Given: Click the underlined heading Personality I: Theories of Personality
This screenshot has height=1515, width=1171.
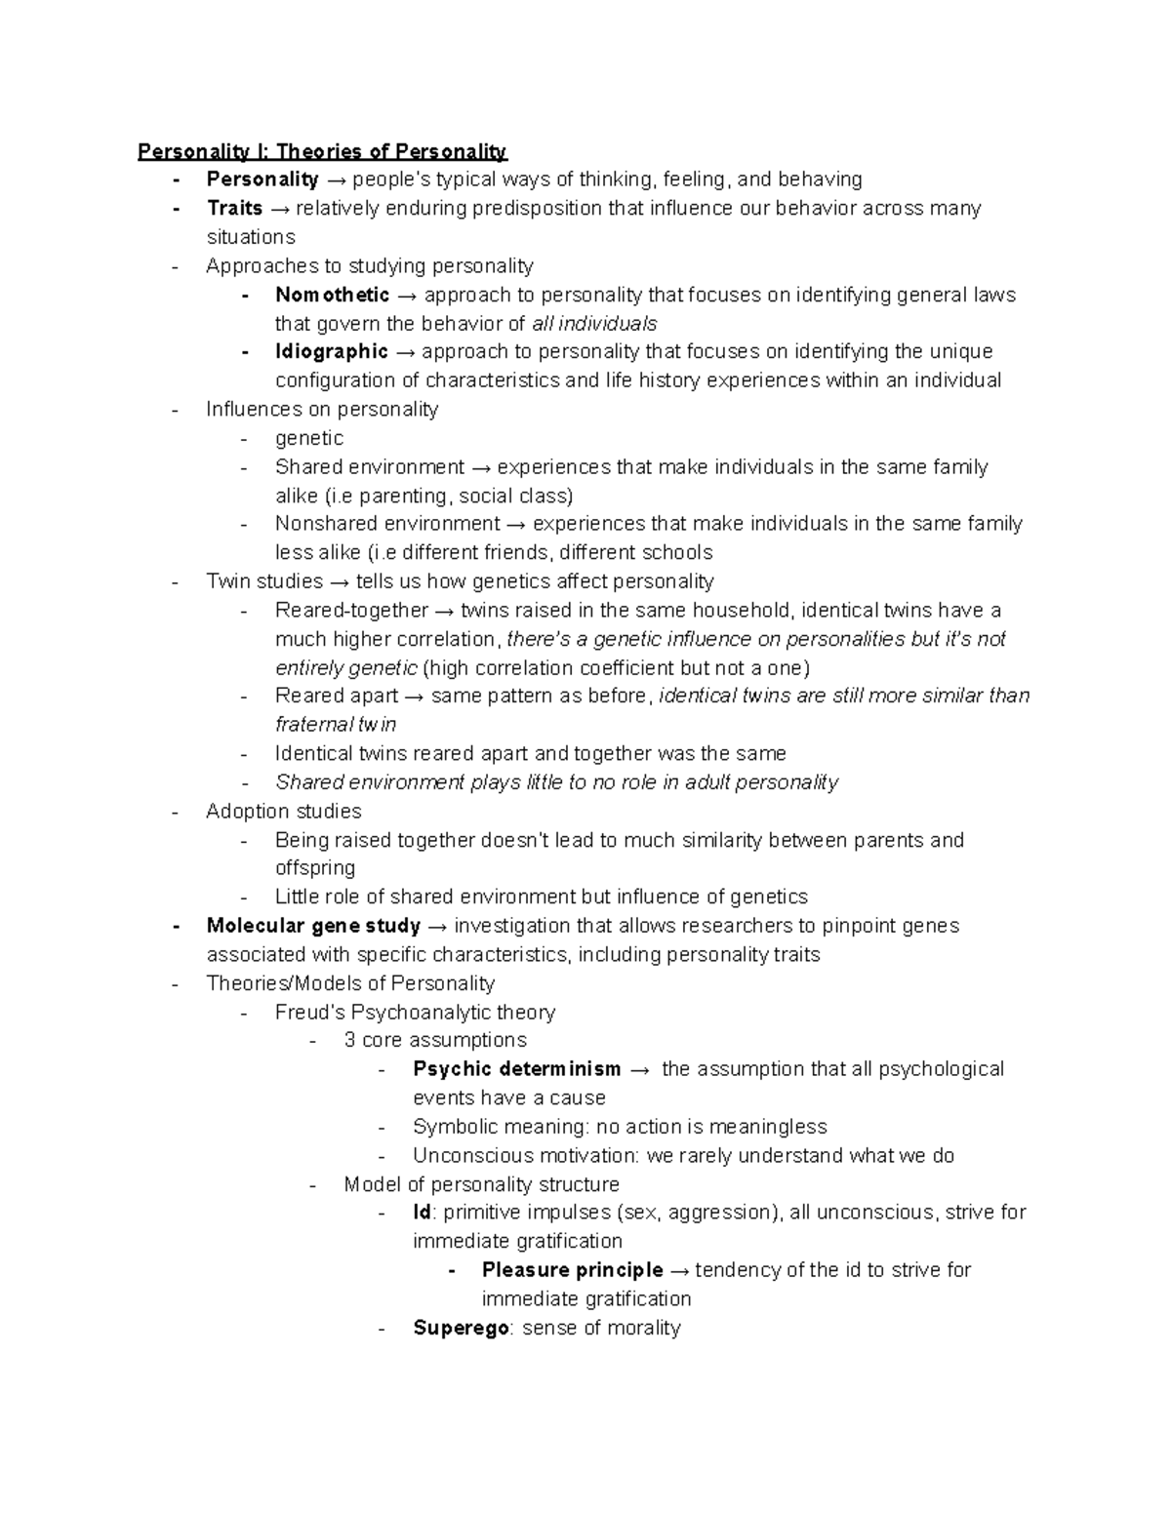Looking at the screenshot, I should click(x=322, y=151).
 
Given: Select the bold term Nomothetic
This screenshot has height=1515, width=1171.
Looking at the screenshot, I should click(x=332, y=295).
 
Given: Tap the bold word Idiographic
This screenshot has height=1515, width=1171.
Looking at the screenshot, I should click(x=331, y=351).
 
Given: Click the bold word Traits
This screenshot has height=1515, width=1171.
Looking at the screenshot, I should click(x=234, y=208).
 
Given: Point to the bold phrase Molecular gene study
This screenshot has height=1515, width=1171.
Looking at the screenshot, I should click(x=313, y=926).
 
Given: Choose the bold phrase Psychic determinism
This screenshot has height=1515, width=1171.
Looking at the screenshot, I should click(x=516, y=1069).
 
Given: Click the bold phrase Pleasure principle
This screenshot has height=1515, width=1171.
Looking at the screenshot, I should click(x=572, y=1270).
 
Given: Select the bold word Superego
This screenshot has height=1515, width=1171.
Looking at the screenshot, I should click(x=461, y=1328).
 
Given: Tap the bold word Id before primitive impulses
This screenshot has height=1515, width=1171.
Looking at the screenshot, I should click(x=422, y=1213).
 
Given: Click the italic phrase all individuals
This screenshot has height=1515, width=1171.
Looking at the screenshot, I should click(x=594, y=323).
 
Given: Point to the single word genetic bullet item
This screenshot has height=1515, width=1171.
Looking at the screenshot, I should click(x=308, y=438).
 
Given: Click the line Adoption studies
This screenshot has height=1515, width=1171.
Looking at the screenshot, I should click(x=283, y=812).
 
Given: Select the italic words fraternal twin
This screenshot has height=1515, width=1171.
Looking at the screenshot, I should click(x=336, y=725).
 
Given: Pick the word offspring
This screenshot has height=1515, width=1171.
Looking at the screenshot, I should click(x=314, y=868).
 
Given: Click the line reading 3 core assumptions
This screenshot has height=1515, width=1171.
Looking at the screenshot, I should click(x=435, y=1040).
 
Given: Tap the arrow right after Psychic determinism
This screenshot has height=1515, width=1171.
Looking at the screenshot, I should click(x=639, y=1070).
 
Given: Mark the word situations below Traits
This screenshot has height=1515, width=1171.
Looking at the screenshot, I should click(x=250, y=237).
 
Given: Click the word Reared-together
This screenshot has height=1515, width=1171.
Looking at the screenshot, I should click(x=351, y=611).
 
